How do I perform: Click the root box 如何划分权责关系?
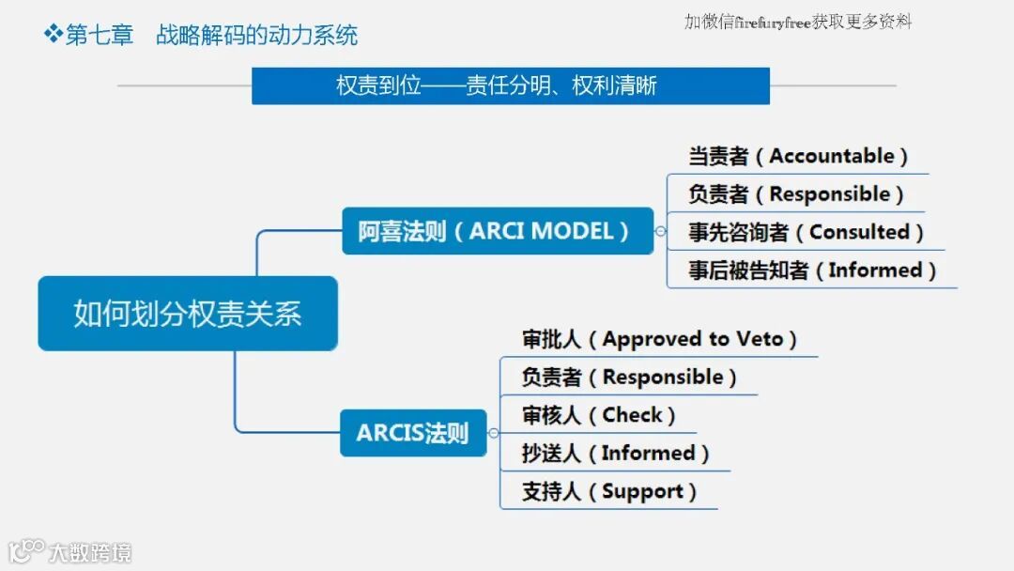188,314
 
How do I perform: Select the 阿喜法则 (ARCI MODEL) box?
497,231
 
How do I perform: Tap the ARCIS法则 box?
413,433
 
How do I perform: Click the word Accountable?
832,156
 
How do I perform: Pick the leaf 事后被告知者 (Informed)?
811,270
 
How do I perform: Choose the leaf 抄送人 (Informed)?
615,454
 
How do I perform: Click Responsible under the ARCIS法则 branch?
663,378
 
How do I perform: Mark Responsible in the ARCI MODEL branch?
830,194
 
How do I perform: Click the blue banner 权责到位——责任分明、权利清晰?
510,86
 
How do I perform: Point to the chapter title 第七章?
100,36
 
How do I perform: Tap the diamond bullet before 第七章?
53,35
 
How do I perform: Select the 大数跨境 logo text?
90,551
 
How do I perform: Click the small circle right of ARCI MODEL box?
660,231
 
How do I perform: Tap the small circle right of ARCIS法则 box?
493,433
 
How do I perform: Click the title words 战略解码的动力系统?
256,36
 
